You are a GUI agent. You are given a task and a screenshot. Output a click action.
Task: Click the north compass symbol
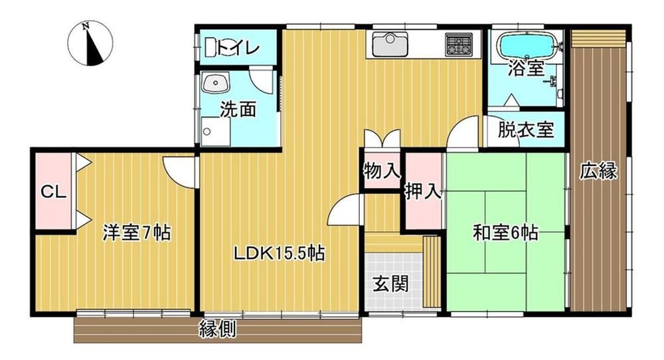point(90,44)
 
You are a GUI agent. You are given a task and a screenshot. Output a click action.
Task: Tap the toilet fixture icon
point(211,46)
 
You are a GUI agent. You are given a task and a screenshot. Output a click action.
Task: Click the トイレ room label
point(238,47)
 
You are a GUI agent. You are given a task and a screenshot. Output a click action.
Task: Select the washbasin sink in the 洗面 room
point(216,82)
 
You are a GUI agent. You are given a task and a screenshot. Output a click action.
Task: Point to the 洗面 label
point(238,110)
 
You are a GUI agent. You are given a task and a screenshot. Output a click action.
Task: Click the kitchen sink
point(390,44)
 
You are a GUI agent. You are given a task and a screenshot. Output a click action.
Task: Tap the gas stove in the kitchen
point(459,45)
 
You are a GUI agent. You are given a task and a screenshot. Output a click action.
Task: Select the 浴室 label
point(527,68)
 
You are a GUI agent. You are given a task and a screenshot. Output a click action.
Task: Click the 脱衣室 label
point(526,130)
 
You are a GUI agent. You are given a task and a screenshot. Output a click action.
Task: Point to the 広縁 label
point(598,171)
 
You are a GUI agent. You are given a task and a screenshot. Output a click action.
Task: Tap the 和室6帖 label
point(505,232)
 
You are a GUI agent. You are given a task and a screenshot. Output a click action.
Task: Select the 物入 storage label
point(382,171)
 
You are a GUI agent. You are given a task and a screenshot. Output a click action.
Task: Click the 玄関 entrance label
point(390,284)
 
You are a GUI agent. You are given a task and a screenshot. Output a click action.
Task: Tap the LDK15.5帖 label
point(280,253)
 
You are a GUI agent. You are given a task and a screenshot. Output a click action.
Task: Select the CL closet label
point(53,193)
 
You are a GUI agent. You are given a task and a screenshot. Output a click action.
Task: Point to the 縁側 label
point(218,329)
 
